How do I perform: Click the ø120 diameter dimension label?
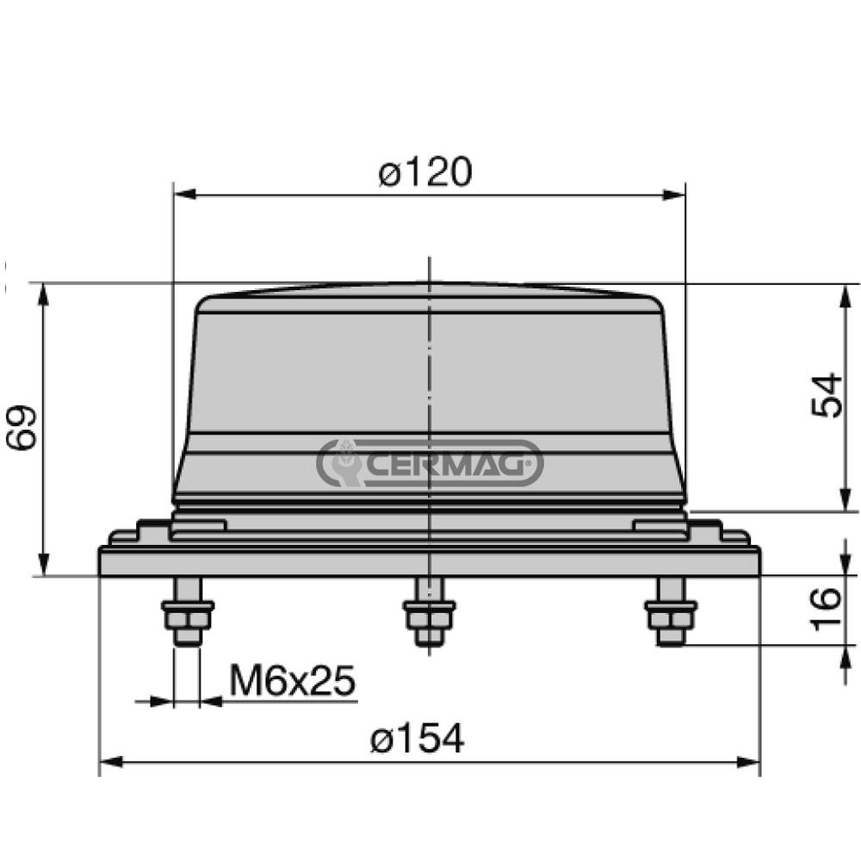pos(425,173)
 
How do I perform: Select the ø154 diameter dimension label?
pos(417,739)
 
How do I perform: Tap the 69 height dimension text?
pos(22,426)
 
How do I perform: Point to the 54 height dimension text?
pos(827,395)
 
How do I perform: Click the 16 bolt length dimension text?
pos(827,610)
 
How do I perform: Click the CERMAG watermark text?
pos(448,464)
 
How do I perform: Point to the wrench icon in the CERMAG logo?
pos(346,463)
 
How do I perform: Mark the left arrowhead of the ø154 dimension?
pos(108,762)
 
